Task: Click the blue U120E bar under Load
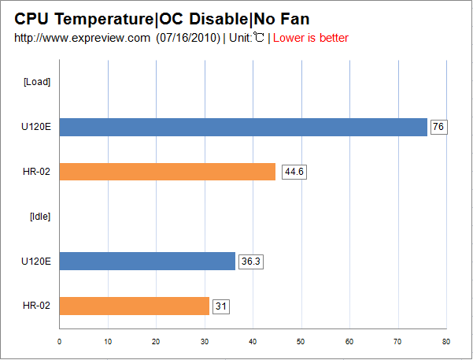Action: point(243,127)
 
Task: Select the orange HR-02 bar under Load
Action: point(167,172)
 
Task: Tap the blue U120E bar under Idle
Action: point(147,261)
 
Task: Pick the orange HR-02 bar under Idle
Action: point(134,306)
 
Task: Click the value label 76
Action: point(438,127)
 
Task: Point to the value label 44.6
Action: point(294,172)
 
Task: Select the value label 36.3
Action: point(250,261)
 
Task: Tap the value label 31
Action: point(220,306)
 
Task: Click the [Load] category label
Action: point(37,82)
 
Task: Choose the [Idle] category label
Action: point(39,216)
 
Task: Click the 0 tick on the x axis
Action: point(60,341)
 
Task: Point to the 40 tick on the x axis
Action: point(253,341)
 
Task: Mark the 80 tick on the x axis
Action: point(445,341)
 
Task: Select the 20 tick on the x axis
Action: point(156,341)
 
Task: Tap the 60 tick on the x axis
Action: point(349,341)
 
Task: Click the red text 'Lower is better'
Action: point(310,38)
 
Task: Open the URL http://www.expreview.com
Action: point(82,38)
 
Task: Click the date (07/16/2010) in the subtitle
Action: point(188,38)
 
